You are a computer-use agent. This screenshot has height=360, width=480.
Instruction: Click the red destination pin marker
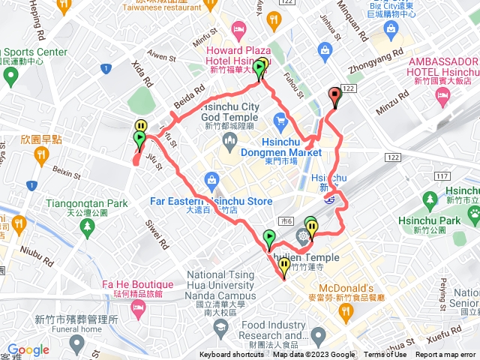point(334,95)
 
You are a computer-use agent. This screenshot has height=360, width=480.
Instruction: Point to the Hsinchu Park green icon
point(430,199)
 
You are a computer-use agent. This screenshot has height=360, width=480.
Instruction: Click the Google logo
point(28,349)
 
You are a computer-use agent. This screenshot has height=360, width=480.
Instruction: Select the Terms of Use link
point(385,355)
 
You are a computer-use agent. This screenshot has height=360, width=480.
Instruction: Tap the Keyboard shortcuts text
point(232,355)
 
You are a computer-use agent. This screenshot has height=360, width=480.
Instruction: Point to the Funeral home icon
point(75,344)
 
